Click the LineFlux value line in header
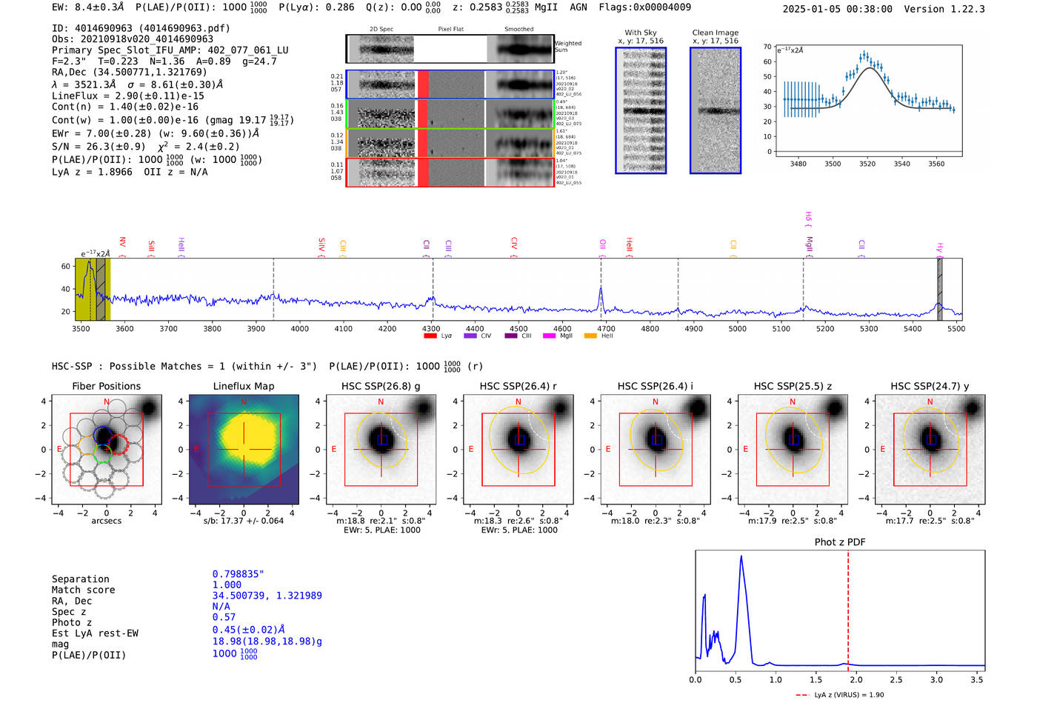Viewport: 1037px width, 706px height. pos(127,96)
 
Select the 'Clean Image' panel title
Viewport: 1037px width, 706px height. pos(715,33)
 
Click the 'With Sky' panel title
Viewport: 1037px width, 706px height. pos(641,33)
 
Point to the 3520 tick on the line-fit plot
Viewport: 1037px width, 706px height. pos(867,164)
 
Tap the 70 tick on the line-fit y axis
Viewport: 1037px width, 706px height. pos(767,47)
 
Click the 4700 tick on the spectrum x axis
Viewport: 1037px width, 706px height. pos(606,328)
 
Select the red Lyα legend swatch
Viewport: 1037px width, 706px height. pos(430,336)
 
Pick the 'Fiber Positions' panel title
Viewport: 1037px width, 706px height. pos(106,386)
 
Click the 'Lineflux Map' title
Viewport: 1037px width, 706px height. pos(243,386)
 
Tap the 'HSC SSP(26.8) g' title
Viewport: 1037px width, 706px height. pos(381,386)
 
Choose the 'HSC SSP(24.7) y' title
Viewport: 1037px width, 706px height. pos(930,386)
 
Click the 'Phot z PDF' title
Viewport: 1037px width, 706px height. pos(840,542)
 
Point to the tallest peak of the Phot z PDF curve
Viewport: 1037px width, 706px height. pos(741,556)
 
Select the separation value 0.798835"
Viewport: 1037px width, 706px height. pos(238,574)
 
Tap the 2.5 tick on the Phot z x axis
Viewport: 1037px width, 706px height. pos(896,679)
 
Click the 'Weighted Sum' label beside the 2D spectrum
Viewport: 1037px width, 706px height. pos(567,46)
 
